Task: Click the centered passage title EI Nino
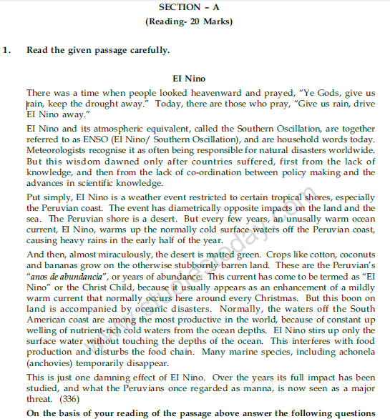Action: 189,77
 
